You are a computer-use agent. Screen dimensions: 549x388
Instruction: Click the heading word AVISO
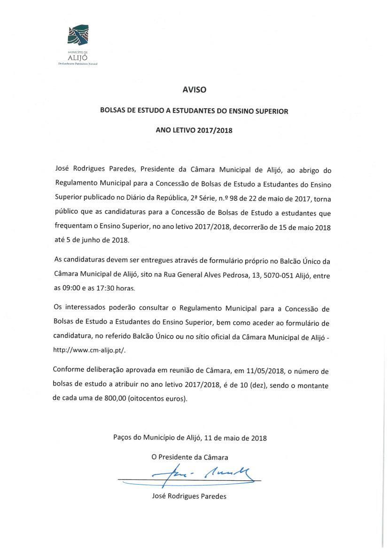point(194,89)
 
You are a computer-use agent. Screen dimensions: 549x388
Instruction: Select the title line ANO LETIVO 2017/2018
point(194,130)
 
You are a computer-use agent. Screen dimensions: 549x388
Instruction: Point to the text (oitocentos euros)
point(156,399)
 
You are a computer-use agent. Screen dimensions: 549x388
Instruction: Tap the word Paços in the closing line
point(123,438)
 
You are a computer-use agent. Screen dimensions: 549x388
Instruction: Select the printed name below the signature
point(189,496)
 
